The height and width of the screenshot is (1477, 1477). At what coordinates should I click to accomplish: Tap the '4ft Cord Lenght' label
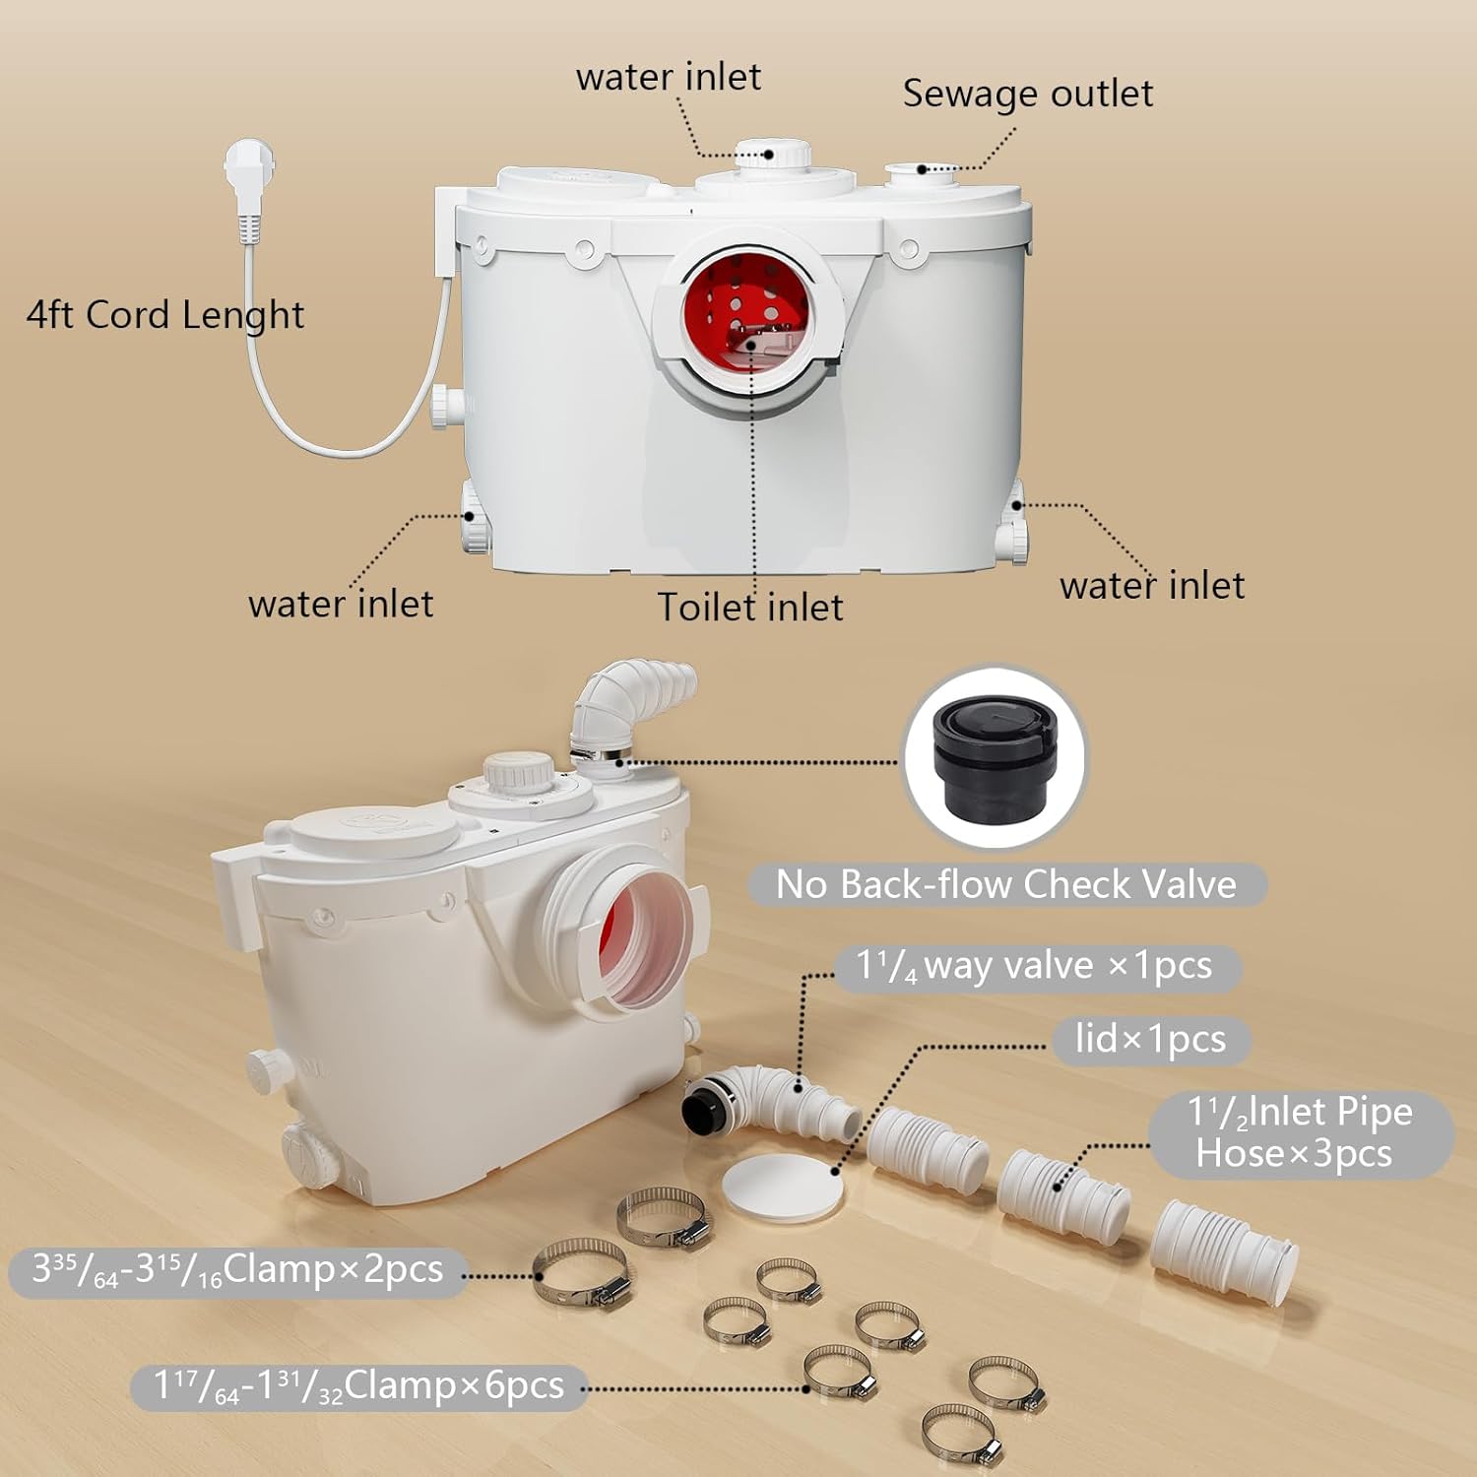pyautogui.click(x=164, y=315)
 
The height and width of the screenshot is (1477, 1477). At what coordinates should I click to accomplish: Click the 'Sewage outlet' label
pyautogui.click(x=1027, y=94)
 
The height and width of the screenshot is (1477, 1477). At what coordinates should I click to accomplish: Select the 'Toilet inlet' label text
pyautogui.click(x=749, y=607)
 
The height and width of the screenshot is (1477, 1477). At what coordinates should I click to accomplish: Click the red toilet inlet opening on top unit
pyautogui.click(x=746, y=313)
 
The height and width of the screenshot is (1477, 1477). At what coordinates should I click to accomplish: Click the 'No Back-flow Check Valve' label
pyautogui.click(x=1005, y=884)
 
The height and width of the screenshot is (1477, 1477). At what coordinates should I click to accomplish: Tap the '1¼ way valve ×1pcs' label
pyautogui.click(x=1035, y=966)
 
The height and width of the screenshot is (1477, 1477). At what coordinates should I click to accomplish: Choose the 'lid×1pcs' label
pyautogui.click(x=1150, y=1040)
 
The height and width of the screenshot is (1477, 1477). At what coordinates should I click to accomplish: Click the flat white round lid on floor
pyautogui.click(x=783, y=1188)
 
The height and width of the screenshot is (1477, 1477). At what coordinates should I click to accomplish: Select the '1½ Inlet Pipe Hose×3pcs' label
pyautogui.click(x=1299, y=1132)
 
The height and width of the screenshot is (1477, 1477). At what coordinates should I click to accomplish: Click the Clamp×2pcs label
pyautogui.click(x=237, y=1270)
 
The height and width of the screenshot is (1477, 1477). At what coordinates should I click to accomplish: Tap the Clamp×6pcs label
pyautogui.click(x=358, y=1386)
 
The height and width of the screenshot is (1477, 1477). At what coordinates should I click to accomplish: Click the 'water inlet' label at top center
pyautogui.click(x=668, y=77)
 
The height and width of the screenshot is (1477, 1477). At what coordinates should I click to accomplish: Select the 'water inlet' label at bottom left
pyautogui.click(x=340, y=604)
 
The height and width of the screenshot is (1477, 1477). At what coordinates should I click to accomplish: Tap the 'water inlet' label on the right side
pyautogui.click(x=1151, y=585)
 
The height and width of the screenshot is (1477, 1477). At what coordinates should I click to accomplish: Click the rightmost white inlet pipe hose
pyautogui.click(x=1224, y=1244)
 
